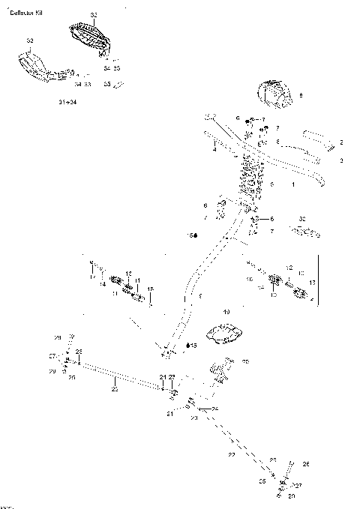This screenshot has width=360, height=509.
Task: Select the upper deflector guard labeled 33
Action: coord(88,37)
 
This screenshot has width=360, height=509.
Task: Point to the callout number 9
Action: coord(301,95)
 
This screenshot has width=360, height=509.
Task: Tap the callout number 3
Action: coord(341,160)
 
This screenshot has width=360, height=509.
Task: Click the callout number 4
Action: coord(214,150)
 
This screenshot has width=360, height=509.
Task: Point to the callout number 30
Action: coord(301,219)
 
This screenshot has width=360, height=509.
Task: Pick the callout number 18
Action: coord(150,288)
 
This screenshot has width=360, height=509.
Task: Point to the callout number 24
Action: coord(215,408)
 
